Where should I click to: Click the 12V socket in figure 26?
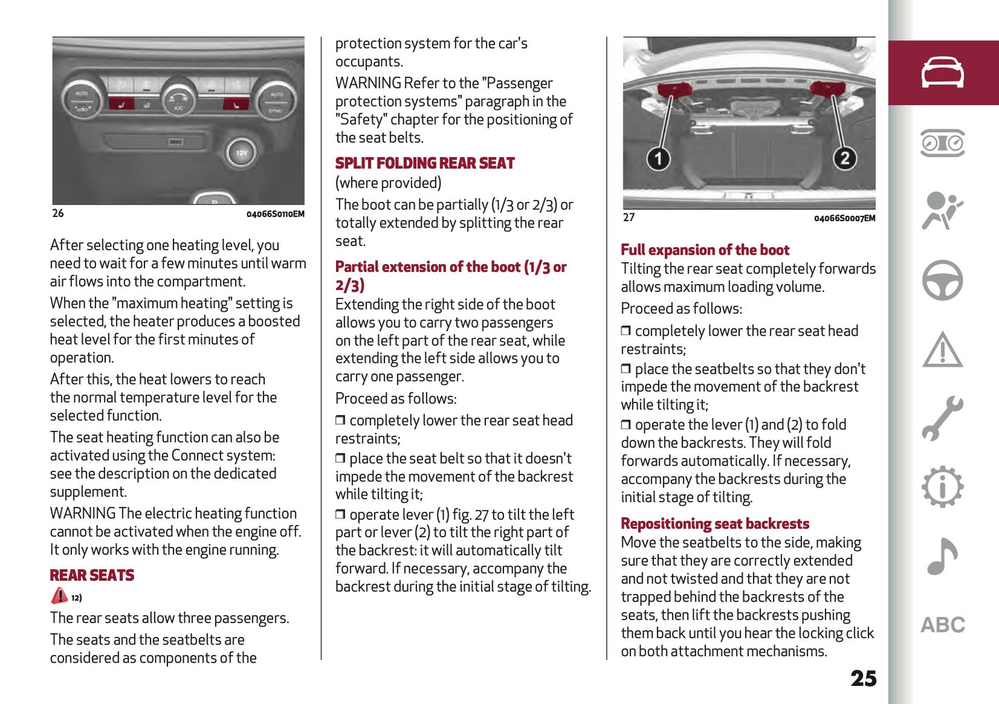click(241, 153)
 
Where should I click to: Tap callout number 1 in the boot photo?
click(658, 158)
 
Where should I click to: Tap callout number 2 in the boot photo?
click(844, 158)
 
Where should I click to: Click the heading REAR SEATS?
click(92, 575)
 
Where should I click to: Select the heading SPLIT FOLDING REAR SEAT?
click(424, 164)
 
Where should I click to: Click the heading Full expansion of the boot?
click(704, 250)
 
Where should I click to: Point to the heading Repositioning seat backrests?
click(715, 524)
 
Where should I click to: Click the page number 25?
click(863, 678)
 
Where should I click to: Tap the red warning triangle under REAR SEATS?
click(59, 595)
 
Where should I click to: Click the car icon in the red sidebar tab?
click(942, 73)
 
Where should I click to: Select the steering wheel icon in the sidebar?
click(942, 280)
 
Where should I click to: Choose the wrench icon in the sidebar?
click(942, 418)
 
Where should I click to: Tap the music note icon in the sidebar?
click(942, 557)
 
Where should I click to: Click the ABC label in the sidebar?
click(942, 625)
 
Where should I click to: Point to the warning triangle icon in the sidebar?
click(942, 350)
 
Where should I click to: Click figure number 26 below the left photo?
click(58, 214)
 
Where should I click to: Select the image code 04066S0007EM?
click(844, 219)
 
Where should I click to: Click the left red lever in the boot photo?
click(674, 89)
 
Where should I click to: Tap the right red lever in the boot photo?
click(827, 88)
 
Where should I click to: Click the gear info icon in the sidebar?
click(942, 488)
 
